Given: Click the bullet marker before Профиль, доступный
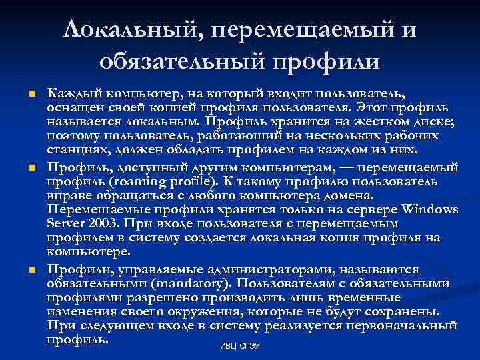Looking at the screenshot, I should pyautogui.click(x=31, y=167).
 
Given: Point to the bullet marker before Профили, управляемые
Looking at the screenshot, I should pyautogui.click(x=31, y=270).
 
